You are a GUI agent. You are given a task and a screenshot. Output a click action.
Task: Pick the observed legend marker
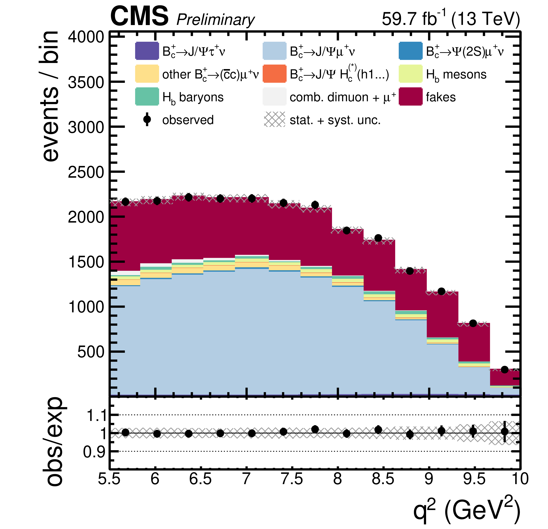tap(147, 119)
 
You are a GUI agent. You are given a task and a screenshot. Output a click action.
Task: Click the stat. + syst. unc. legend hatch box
tap(275, 119)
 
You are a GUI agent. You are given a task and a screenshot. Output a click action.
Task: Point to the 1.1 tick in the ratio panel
tap(97, 415)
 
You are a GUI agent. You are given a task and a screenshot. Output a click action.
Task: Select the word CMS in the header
tap(139, 16)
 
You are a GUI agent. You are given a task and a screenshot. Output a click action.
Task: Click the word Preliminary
tap(215, 20)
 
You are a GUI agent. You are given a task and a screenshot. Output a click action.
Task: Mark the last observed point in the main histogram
tap(504, 370)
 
